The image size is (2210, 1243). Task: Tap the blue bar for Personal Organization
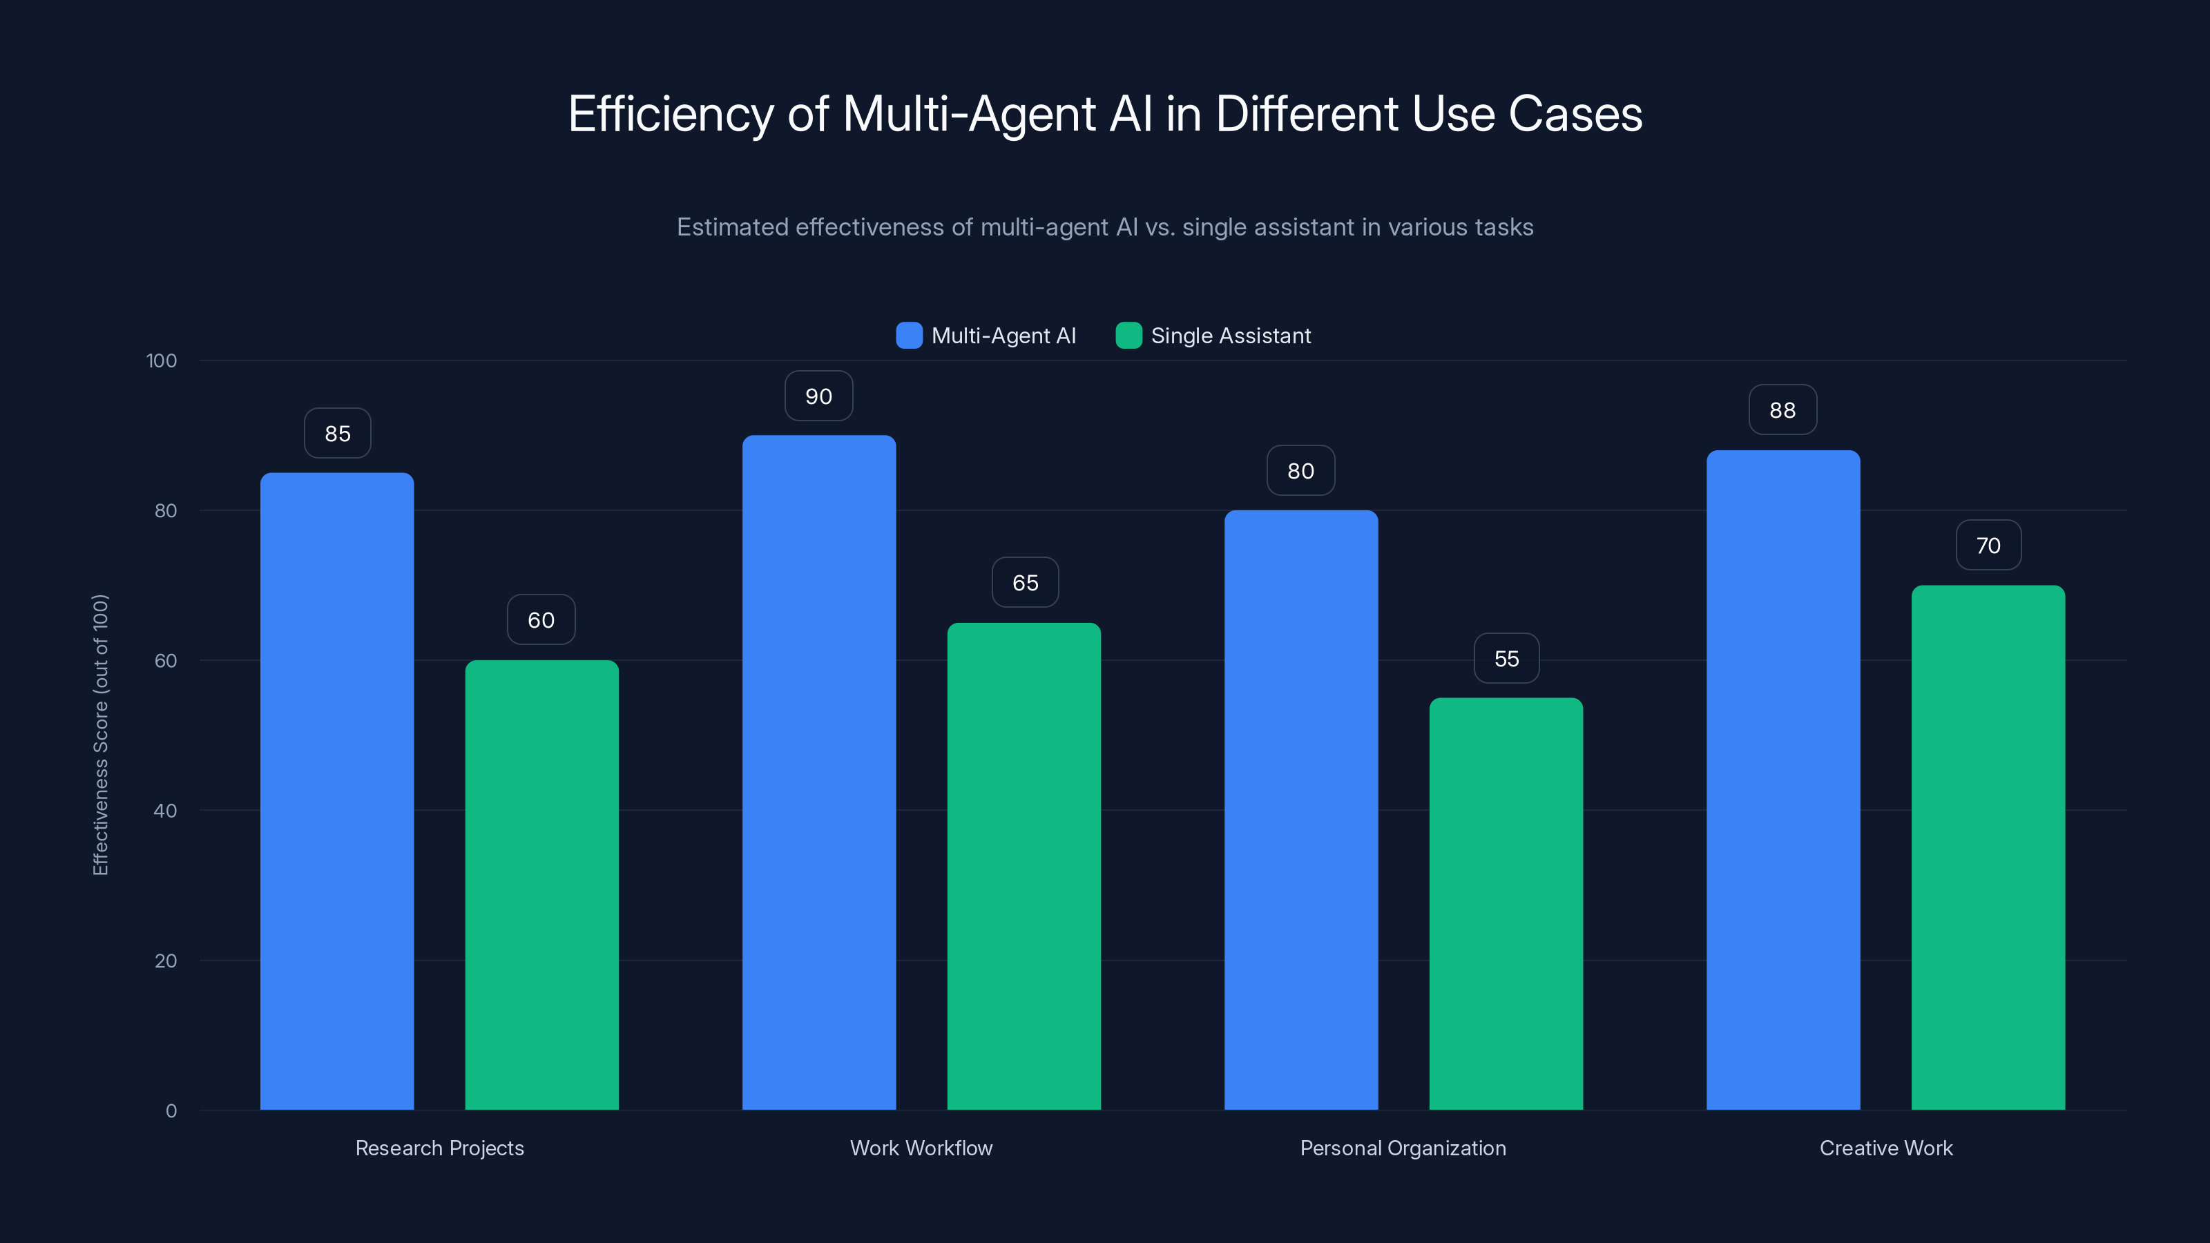(1300, 810)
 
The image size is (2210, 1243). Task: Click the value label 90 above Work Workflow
(818, 396)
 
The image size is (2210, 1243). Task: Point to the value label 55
(1506, 659)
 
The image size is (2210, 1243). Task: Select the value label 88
(1783, 410)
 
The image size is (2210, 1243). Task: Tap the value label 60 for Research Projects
(541, 620)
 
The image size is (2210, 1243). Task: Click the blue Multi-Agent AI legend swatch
(909, 336)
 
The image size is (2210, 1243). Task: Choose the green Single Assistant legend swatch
(1128, 336)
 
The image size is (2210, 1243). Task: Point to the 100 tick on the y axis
(162, 360)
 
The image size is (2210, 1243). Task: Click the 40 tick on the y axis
(166, 811)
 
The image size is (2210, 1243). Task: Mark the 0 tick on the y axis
(171, 1111)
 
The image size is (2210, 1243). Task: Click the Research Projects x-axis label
(439, 1148)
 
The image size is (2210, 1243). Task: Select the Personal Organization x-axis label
(1403, 1148)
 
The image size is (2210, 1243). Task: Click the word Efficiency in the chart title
(671, 114)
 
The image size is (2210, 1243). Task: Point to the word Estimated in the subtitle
(732, 227)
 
